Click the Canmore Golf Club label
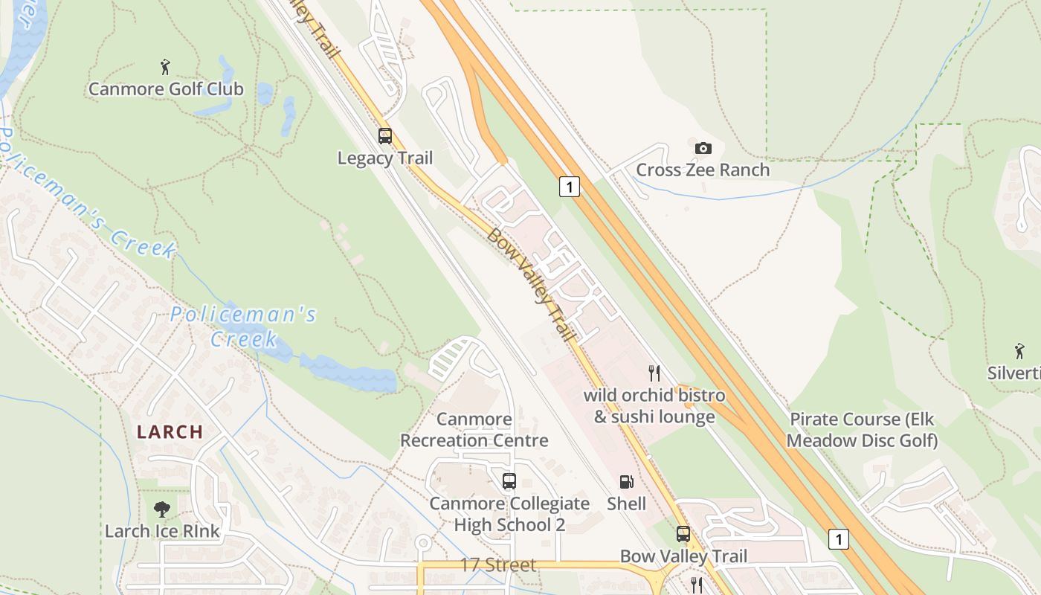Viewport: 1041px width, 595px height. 166,89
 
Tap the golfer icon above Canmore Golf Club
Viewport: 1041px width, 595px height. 165,67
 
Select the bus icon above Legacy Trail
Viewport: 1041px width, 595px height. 384,136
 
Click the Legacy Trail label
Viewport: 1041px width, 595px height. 384,158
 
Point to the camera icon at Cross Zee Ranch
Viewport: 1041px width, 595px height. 703,148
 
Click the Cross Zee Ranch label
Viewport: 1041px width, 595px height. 703,170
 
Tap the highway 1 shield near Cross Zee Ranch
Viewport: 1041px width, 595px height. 569,187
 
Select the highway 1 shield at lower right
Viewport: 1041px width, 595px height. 838,539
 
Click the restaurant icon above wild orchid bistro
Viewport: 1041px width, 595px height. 654,373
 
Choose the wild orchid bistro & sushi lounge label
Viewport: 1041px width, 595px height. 654,405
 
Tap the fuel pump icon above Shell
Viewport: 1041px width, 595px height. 627,482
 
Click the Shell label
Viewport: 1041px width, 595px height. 627,504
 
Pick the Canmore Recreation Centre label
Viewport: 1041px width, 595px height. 474,430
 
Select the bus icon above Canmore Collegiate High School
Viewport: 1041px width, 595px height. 509,481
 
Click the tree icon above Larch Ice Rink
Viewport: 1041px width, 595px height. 162,509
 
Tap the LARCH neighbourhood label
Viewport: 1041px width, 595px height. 170,431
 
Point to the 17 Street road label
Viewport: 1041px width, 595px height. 497,565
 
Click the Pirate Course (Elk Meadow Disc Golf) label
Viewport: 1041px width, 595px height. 862,430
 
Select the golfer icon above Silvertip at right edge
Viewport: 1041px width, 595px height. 1019,350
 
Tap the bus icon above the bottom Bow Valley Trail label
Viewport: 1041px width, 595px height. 683,534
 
